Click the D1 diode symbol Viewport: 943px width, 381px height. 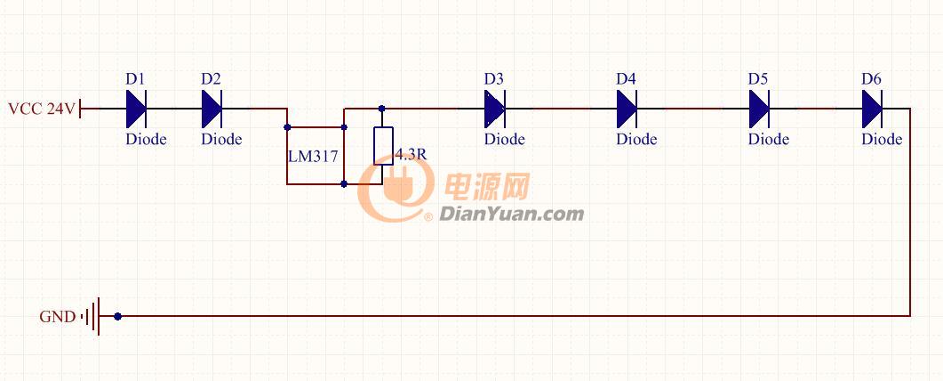[x=136, y=109]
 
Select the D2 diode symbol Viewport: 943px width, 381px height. [x=212, y=109]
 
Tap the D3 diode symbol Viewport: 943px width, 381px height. [x=495, y=109]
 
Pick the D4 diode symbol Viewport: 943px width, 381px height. [x=627, y=109]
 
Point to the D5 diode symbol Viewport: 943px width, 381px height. [x=759, y=109]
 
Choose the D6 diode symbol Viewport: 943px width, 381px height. [x=872, y=109]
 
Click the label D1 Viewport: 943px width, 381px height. [x=135, y=79]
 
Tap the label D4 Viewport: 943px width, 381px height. [x=626, y=79]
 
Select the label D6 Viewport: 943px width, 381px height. [x=871, y=79]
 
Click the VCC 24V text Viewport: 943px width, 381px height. [x=42, y=109]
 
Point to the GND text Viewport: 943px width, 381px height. [x=58, y=317]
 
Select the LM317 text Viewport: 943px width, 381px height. [x=313, y=157]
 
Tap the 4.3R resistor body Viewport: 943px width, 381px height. [x=383, y=146]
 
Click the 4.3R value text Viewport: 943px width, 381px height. [x=412, y=155]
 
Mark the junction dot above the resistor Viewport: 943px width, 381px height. [x=381, y=109]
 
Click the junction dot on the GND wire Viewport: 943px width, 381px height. [x=117, y=316]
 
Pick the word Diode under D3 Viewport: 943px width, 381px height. [x=505, y=140]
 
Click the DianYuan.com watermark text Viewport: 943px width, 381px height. [x=511, y=214]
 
